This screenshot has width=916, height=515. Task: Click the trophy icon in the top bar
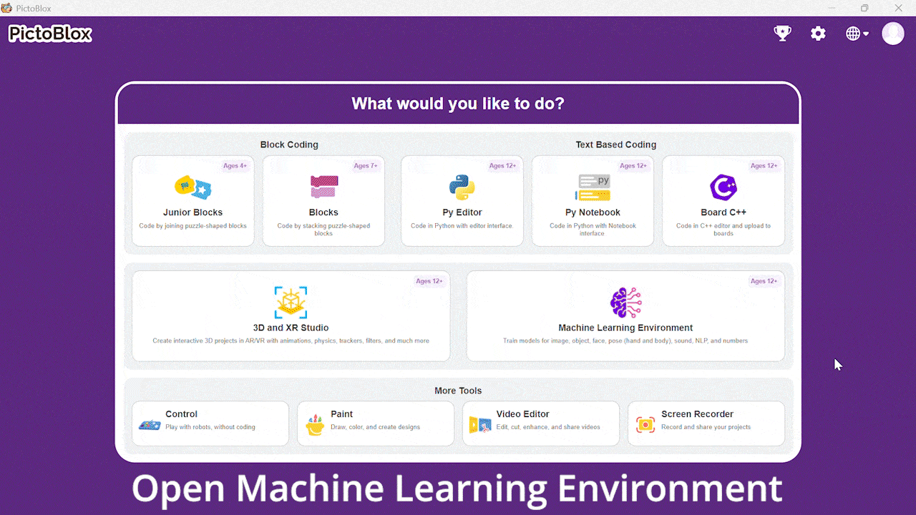click(782, 33)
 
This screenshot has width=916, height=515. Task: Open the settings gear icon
click(818, 33)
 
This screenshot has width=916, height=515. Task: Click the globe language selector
click(857, 34)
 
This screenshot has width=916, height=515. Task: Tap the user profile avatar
click(892, 33)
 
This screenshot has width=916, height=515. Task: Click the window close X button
click(898, 8)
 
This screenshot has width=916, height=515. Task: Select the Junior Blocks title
click(193, 212)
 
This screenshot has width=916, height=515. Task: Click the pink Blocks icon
click(324, 187)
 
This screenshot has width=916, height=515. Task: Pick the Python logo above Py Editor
click(462, 187)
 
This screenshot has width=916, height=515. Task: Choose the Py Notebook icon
click(593, 187)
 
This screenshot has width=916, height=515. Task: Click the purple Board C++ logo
click(723, 187)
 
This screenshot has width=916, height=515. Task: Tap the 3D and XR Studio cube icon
click(291, 303)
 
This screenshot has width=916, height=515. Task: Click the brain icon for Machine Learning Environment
click(625, 303)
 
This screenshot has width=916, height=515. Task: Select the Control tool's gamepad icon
click(150, 425)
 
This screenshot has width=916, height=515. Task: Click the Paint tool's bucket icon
click(315, 425)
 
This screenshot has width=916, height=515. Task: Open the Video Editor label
click(522, 414)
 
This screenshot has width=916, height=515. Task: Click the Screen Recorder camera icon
click(645, 425)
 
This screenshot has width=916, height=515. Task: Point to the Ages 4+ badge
click(235, 165)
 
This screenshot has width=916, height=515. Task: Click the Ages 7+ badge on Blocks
click(366, 165)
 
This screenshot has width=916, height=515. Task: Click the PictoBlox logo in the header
click(50, 34)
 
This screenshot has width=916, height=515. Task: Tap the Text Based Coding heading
click(616, 144)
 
